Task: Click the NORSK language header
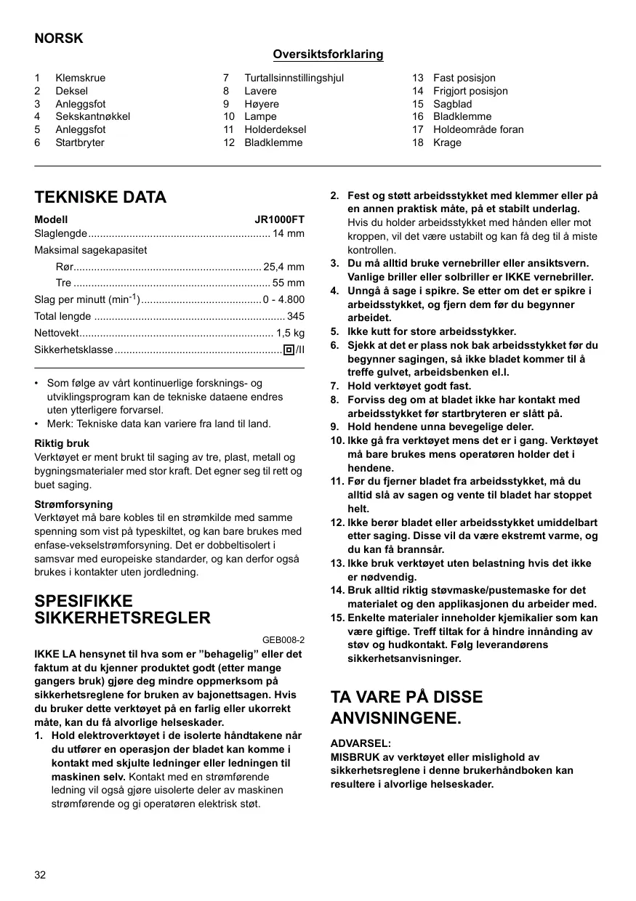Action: [59, 39]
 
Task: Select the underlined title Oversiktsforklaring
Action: [328, 54]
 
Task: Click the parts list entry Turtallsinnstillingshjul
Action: [294, 78]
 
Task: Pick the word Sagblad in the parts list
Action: [452, 104]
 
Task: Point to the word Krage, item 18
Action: [447, 142]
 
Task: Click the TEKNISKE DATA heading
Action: [100, 197]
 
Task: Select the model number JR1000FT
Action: [279, 219]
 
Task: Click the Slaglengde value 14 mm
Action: [289, 233]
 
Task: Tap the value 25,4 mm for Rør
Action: [283, 267]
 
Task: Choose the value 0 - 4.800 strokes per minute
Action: [283, 299]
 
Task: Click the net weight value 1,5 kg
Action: [290, 333]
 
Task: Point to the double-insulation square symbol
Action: [289, 350]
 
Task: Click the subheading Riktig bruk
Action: [62, 443]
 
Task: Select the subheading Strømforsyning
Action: [73, 504]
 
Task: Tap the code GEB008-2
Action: [283, 640]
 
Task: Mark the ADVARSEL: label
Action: [361, 743]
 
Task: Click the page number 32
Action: [40, 874]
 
